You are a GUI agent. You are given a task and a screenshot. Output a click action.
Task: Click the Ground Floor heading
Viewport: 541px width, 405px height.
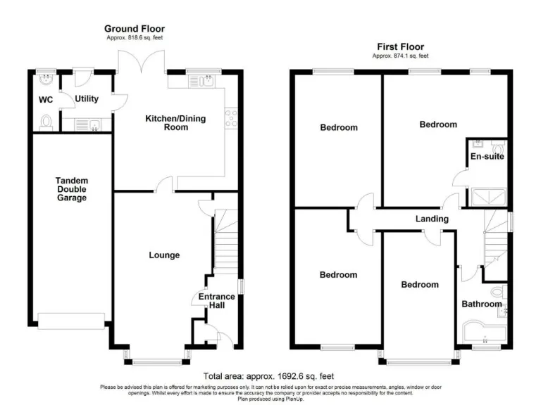click(135, 29)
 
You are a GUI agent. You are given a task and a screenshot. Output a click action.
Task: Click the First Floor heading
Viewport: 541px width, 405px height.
click(401, 46)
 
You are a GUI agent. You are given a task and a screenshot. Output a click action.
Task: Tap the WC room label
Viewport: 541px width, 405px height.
click(46, 100)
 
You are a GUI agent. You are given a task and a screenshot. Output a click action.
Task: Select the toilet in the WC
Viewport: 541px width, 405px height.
click(46, 123)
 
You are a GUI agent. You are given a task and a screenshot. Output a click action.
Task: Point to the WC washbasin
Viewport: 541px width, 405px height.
click(46, 79)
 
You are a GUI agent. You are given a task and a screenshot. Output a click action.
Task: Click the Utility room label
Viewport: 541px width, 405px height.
click(87, 99)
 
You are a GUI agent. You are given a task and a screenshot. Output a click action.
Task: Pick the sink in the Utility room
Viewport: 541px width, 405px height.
click(87, 125)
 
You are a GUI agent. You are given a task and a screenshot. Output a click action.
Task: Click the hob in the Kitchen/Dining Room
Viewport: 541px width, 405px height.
click(231, 119)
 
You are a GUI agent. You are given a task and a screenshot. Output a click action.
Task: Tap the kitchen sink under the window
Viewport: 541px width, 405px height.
click(202, 82)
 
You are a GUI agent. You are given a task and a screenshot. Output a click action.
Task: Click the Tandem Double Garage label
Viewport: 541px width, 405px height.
click(72, 189)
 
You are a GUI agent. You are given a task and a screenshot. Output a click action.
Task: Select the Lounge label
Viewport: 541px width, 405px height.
click(164, 255)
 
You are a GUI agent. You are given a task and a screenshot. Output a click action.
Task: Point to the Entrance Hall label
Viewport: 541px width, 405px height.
click(217, 301)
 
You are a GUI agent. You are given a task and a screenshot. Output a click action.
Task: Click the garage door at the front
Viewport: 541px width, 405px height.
click(71, 321)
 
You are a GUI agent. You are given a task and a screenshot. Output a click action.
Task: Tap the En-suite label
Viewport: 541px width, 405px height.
click(487, 156)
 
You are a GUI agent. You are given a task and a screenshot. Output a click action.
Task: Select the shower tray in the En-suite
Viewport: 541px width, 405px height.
click(489, 198)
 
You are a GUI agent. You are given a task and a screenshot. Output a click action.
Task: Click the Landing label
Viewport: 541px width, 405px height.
click(432, 219)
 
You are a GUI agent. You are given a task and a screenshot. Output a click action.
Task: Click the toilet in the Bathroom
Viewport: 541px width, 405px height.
click(499, 292)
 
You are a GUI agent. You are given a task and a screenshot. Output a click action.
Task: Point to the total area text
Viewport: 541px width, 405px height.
click(268, 376)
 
